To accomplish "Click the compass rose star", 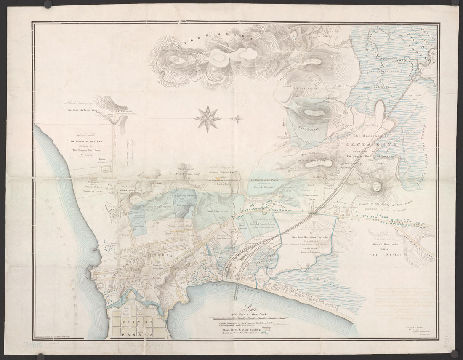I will point(208,118).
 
